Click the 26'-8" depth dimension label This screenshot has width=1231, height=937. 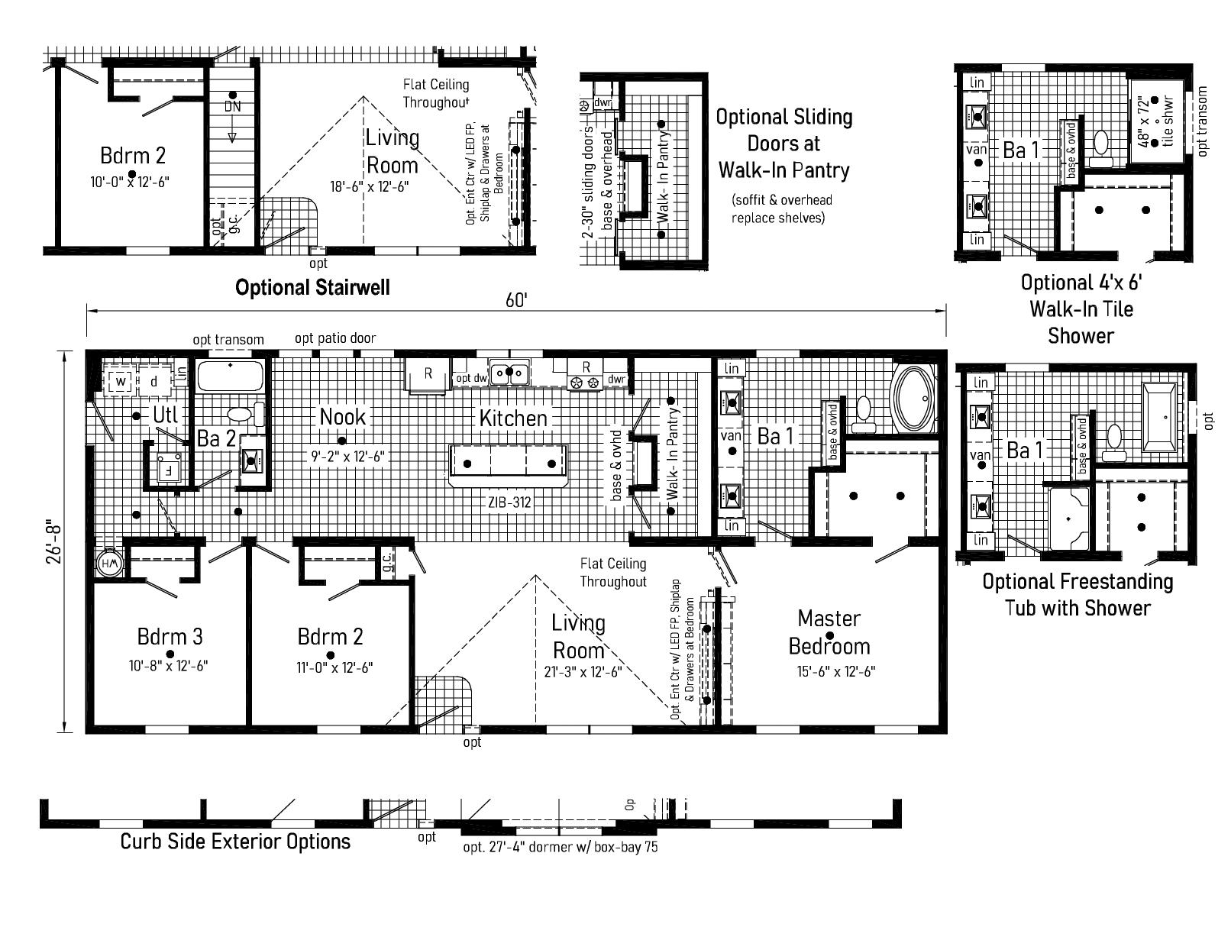click(54, 542)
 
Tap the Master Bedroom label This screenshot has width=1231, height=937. click(829, 632)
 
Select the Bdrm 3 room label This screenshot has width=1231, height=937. click(170, 636)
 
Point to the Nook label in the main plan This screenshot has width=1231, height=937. click(342, 417)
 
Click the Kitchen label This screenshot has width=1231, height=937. click(513, 418)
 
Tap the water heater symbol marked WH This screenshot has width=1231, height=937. click(108, 565)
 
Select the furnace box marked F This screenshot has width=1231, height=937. click(166, 469)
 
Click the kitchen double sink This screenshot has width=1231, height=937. click(509, 374)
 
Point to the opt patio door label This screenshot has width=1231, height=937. click(335, 338)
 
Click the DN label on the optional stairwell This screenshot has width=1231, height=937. click(232, 107)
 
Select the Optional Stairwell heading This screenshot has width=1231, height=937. click(312, 287)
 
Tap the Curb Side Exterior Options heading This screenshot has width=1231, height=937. click(235, 842)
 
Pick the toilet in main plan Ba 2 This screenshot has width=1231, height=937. click(240, 415)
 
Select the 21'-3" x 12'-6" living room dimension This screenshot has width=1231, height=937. click(578, 672)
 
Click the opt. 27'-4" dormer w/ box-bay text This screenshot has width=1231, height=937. click(560, 848)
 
